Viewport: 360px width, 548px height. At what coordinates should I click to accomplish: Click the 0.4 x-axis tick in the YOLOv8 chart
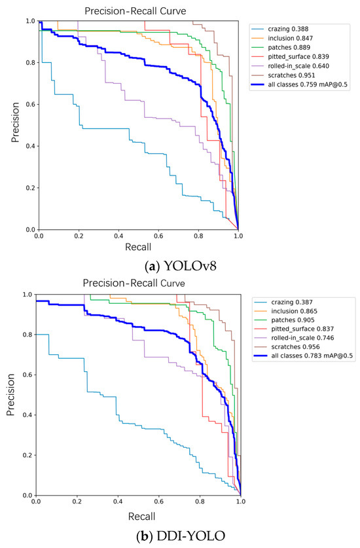coord(118,235)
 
